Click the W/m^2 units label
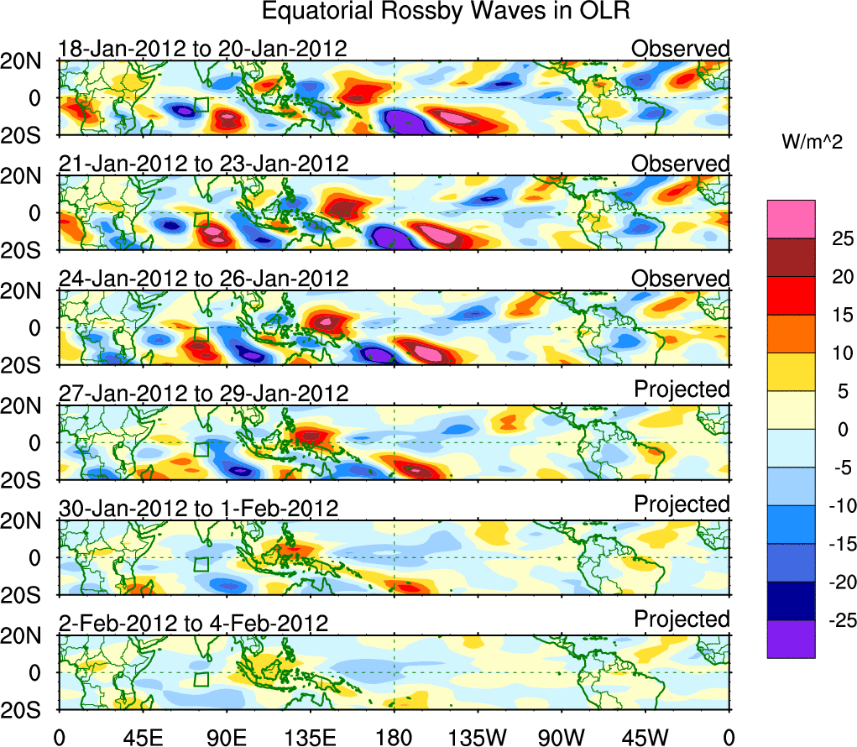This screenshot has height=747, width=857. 811,144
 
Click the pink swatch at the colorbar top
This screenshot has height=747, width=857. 790,219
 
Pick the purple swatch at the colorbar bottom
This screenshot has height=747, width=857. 790,639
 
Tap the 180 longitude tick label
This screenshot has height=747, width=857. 395,738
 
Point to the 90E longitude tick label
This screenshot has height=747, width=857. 226,738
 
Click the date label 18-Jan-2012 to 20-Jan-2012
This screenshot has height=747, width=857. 202,49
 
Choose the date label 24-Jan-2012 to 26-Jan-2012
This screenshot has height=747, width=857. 202,279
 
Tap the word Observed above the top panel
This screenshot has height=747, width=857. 681,49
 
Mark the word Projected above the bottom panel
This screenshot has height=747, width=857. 682,619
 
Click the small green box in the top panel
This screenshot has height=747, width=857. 201,105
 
